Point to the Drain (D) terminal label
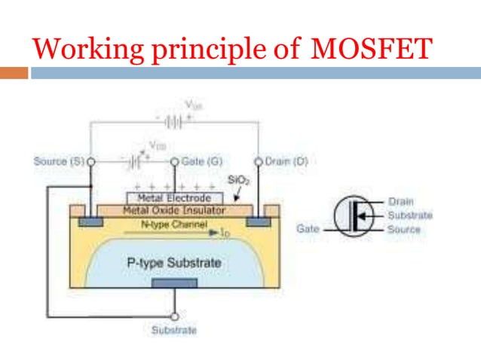[x=286, y=161]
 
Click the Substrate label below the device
[x=174, y=330]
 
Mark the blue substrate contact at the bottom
[x=174, y=283]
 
